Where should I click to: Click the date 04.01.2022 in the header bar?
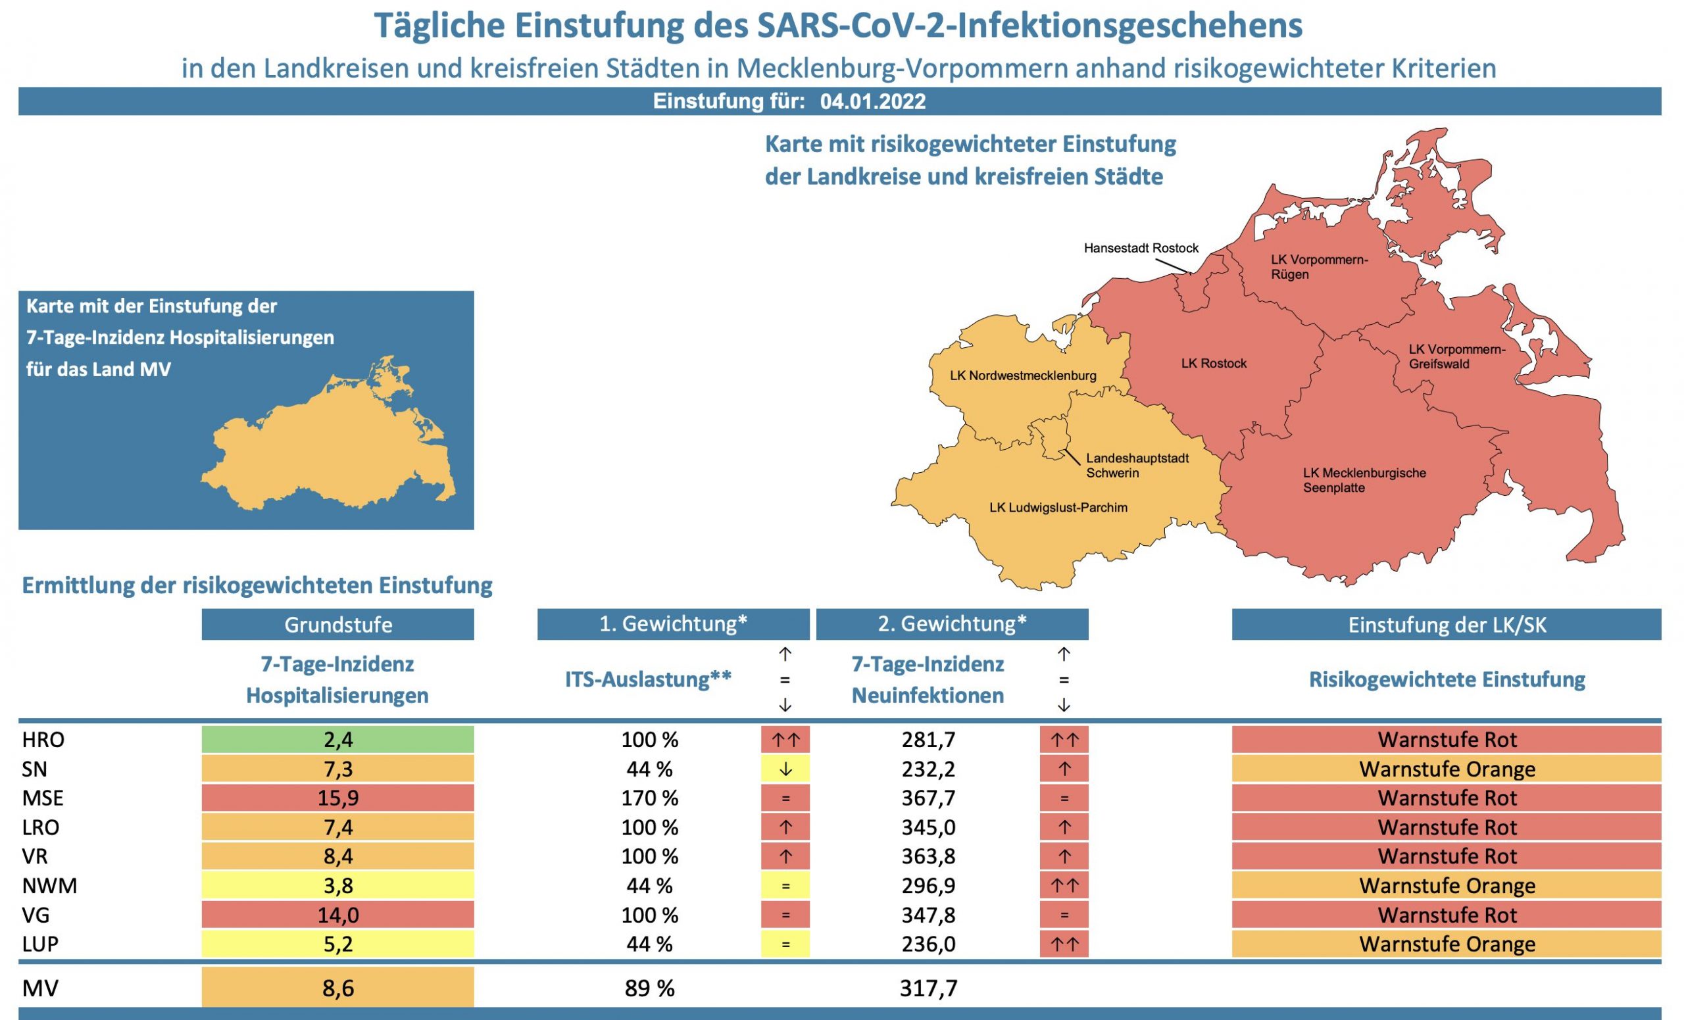pos(873,102)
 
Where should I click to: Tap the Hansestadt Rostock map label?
pos(1141,248)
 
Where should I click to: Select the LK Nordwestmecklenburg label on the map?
pos(1022,375)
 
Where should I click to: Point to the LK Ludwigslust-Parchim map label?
pos(1058,508)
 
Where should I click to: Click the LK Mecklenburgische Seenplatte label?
pos(1364,480)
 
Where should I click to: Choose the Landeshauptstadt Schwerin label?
pos(1137,465)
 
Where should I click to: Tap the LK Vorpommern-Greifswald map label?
pos(1456,356)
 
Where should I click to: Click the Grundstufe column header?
pos(337,625)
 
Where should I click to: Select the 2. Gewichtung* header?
pos(951,623)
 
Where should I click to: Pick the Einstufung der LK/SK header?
pos(1446,625)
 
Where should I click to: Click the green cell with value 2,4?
pos(337,739)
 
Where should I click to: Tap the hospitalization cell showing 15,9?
pos(337,798)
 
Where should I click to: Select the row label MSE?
pos(42,798)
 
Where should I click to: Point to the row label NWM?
pos(49,885)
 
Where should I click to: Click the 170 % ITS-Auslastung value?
pos(649,798)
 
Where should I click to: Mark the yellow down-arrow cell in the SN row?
pos(785,769)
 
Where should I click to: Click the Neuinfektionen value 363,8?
pos(928,856)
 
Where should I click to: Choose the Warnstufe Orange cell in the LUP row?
pos(1446,944)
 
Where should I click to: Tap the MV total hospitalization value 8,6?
pos(337,988)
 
